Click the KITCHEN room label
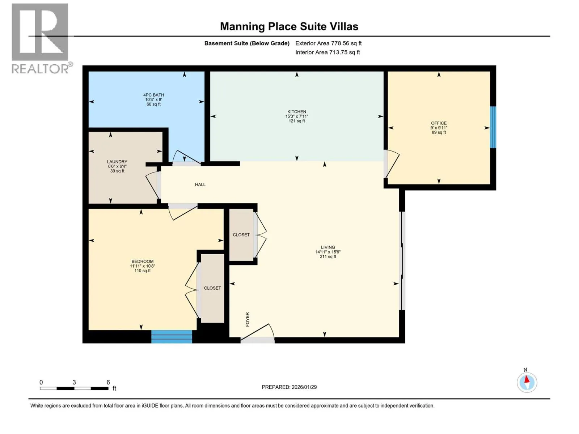click(x=297, y=112)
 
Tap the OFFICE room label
click(x=439, y=123)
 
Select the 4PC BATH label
click(x=153, y=95)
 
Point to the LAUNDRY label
click(x=117, y=162)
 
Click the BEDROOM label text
click(x=143, y=261)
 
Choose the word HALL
click(x=200, y=184)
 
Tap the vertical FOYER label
click(x=248, y=319)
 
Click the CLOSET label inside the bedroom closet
click(x=212, y=288)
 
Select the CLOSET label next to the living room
click(x=241, y=234)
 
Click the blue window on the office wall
click(x=493, y=127)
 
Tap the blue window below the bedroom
click(x=172, y=336)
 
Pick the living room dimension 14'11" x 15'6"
click(x=328, y=252)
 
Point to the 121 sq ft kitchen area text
click(x=297, y=121)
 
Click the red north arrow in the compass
click(x=527, y=379)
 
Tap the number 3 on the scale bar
click(x=74, y=382)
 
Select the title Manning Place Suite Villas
click(x=289, y=27)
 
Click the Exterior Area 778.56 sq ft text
click(x=329, y=43)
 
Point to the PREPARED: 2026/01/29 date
click(x=289, y=387)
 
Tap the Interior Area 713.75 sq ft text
click(x=327, y=52)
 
